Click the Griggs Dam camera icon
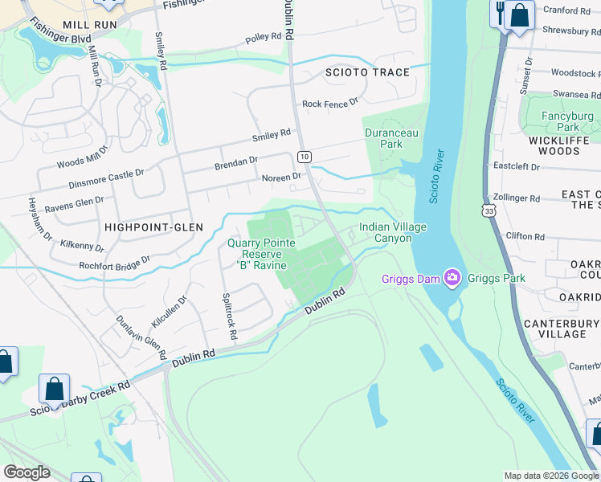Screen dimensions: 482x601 (452, 279)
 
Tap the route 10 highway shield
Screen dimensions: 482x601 (303, 156)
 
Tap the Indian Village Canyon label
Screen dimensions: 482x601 (392, 233)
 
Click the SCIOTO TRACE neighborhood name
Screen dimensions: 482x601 (367, 72)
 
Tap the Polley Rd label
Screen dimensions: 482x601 (264, 37)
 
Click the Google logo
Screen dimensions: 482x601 (27, 472)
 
